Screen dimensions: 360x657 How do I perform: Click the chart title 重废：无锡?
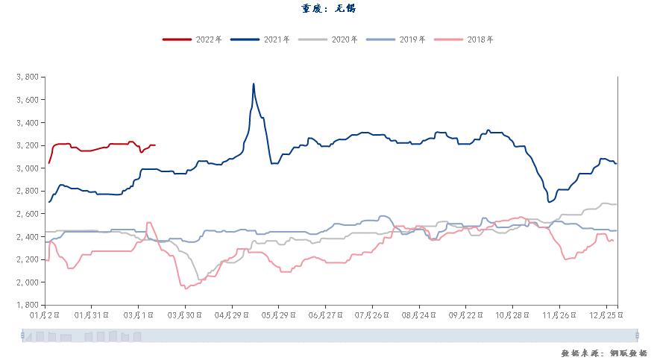click(x=328, y=9)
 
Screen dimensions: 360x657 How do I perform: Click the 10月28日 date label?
click(x=512, y=315)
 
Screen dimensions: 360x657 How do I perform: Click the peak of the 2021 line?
click(x=254, y=83)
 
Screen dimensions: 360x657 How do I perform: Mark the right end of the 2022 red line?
click(x=155, y=145)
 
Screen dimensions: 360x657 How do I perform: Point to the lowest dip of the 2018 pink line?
click(x=185, y=288)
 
